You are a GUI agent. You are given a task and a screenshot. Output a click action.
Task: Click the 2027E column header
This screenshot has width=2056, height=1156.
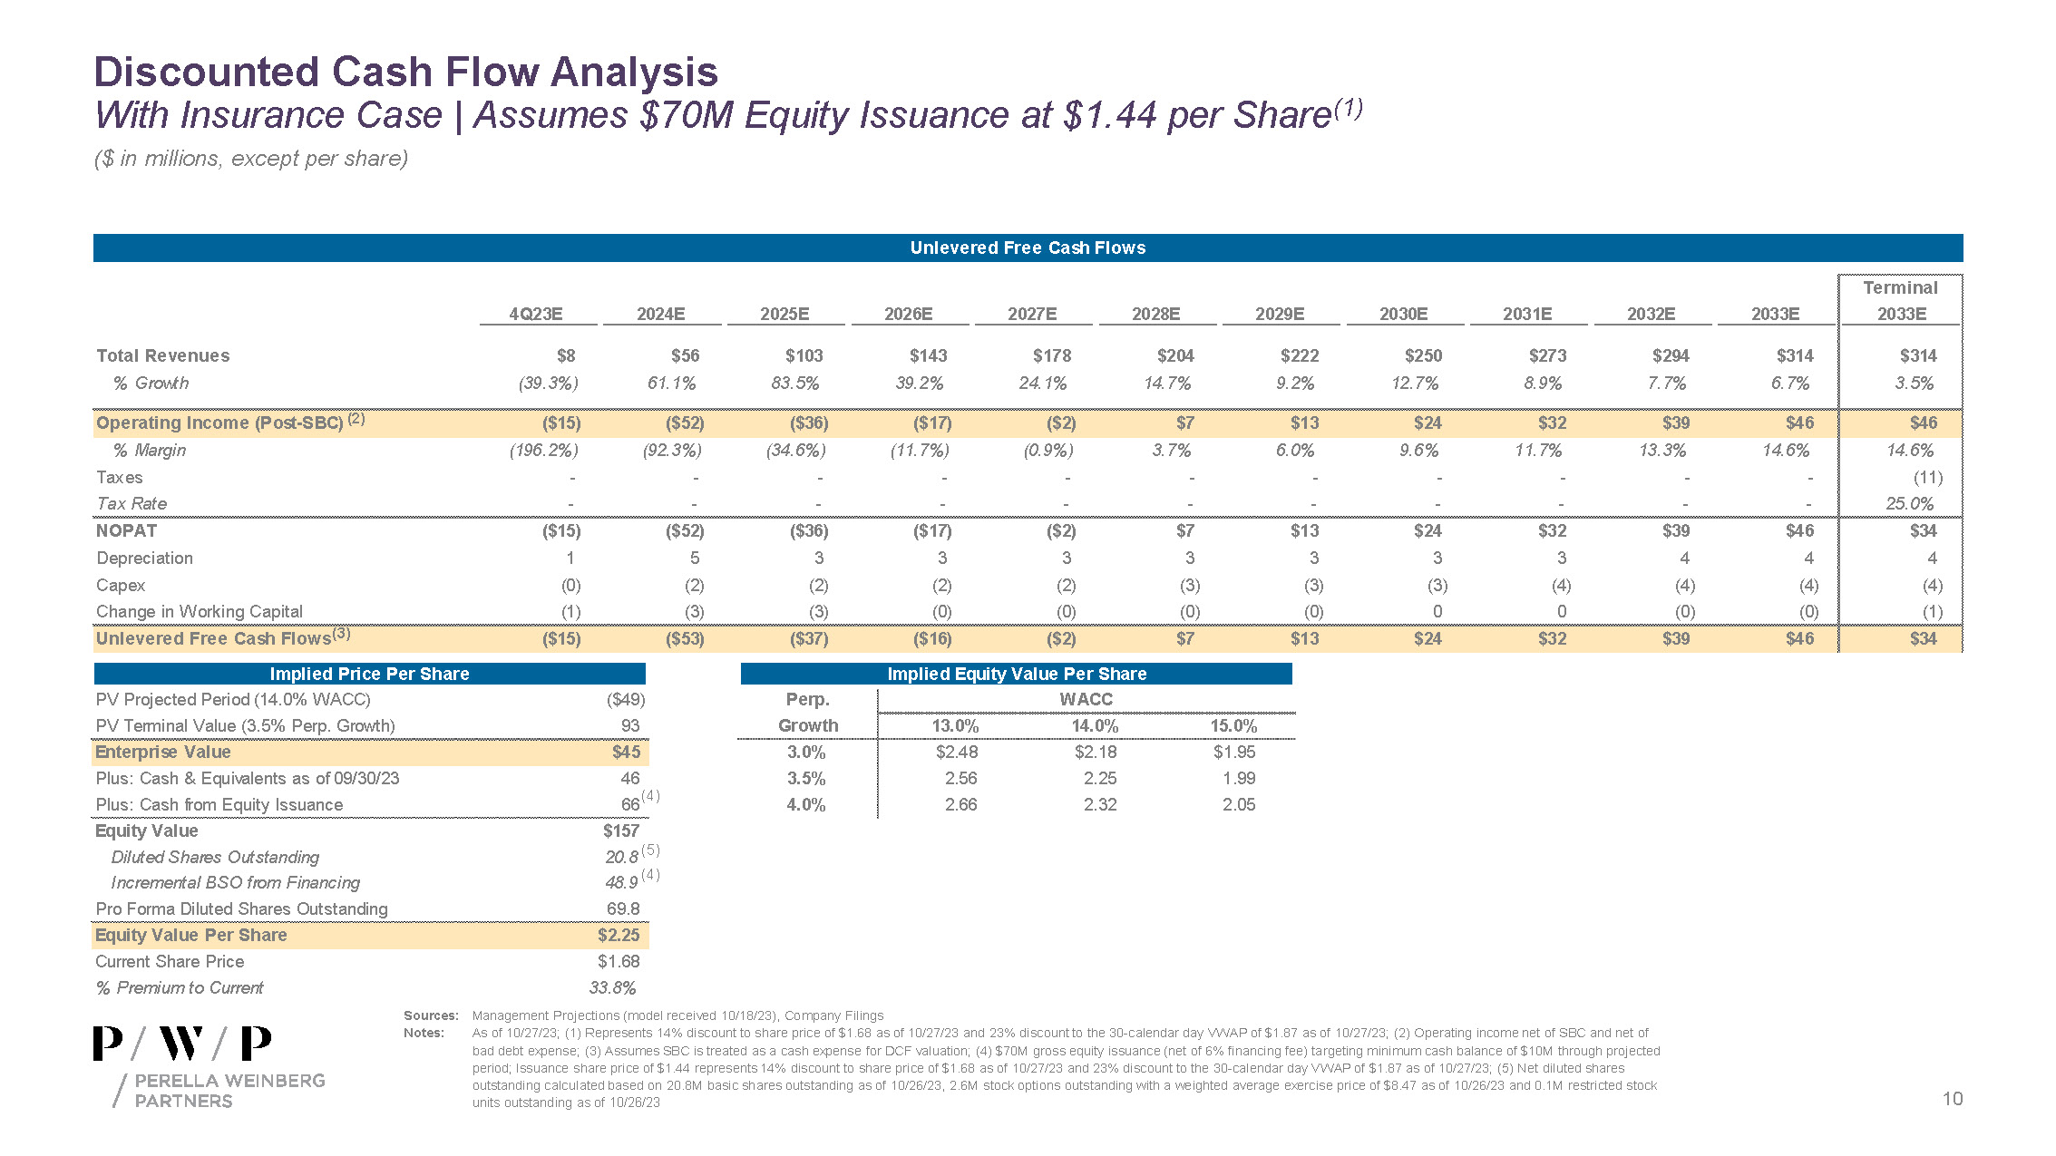point(1032,314)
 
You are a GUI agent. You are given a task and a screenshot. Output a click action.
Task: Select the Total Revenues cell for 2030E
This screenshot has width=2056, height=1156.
point(1423,355)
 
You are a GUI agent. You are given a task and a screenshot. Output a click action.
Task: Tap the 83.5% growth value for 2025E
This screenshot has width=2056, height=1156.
point(794,384)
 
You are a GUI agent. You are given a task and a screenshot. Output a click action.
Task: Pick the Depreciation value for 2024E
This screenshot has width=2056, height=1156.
point(694,558)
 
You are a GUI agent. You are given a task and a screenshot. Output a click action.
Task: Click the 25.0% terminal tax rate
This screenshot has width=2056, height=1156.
point(1909,503)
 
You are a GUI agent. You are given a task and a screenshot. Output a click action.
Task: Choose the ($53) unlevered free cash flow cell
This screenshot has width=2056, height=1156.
point(685,638)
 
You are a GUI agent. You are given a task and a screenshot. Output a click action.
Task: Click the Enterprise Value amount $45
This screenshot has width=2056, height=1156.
point(626,752)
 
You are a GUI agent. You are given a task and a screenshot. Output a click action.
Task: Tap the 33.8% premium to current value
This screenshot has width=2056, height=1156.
point(612,987)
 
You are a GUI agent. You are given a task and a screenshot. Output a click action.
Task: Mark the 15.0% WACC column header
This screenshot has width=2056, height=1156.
point(1233,725)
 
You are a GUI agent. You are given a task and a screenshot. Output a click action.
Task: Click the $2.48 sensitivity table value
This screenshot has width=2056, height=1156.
point(957,752)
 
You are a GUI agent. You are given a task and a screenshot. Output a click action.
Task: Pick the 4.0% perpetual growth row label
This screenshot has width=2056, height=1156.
point(805,804)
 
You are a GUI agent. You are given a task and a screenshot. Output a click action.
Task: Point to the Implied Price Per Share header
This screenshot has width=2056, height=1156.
point(369,674)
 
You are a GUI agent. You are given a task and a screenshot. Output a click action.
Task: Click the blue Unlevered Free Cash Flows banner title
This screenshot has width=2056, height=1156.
point(1028,248)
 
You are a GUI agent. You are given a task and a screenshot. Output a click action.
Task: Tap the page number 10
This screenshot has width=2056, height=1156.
point(1952,1099)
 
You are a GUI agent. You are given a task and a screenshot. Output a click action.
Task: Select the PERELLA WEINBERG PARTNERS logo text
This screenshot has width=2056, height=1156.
point(229,1090)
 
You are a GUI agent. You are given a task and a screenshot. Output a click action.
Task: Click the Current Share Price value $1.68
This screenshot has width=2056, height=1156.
point(619,961)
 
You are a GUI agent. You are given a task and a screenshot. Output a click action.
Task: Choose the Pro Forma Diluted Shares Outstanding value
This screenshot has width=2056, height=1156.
point(623,908)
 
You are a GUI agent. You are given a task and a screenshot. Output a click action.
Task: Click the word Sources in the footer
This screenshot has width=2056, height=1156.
point(431,1015)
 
